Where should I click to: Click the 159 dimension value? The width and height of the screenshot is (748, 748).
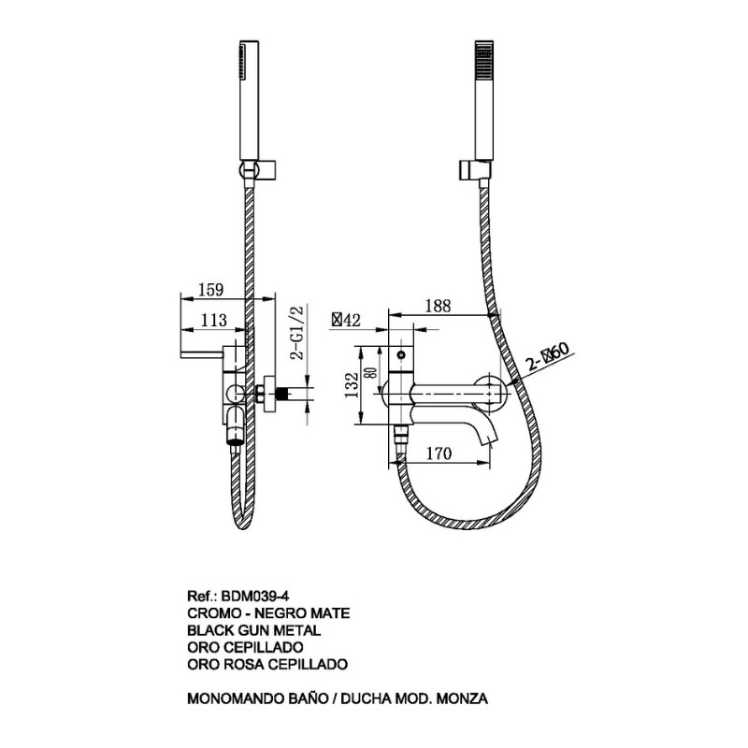pos(211,289)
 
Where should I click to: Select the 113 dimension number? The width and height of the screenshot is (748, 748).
pos(213,320)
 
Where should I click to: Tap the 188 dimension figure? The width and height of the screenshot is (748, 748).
pos(437,306)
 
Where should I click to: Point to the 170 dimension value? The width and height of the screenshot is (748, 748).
pos(439,453)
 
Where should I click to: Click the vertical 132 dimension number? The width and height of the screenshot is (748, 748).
pos(352,385)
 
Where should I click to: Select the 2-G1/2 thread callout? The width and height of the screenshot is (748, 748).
pos(297,333)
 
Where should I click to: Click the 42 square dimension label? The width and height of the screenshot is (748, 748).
pos(347,320)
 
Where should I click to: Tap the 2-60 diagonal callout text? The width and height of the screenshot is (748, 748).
pos(548,357)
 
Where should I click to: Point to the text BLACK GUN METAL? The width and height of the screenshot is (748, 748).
pos(253,630)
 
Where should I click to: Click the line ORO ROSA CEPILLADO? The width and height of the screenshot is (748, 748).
pos(267,664)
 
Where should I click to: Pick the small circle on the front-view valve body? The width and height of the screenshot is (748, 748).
pos(401,355)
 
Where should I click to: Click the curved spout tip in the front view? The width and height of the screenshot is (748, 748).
pos(491,439)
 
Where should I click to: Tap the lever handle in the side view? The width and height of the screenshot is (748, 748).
pos(202,353)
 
